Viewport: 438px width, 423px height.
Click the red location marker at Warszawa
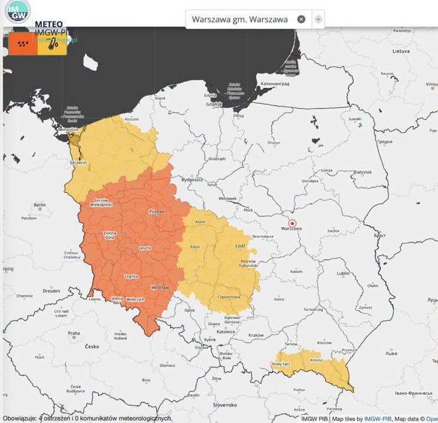tap(292, 223)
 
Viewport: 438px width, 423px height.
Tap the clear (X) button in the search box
tap(301, 19)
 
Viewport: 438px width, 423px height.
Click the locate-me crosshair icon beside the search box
tap(318, 19)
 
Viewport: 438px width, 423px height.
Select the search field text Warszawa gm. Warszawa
tap(239, 19)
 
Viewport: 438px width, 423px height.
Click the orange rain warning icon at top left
tap(23, 44)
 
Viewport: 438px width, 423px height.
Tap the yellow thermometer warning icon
tap(52, 44)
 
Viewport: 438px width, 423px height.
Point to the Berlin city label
tap(40, 205)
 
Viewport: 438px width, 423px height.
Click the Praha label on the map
tap(73, 333)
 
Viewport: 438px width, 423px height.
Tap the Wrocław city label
tap(160, 287)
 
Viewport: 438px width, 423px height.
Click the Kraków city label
tap(256, 335)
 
